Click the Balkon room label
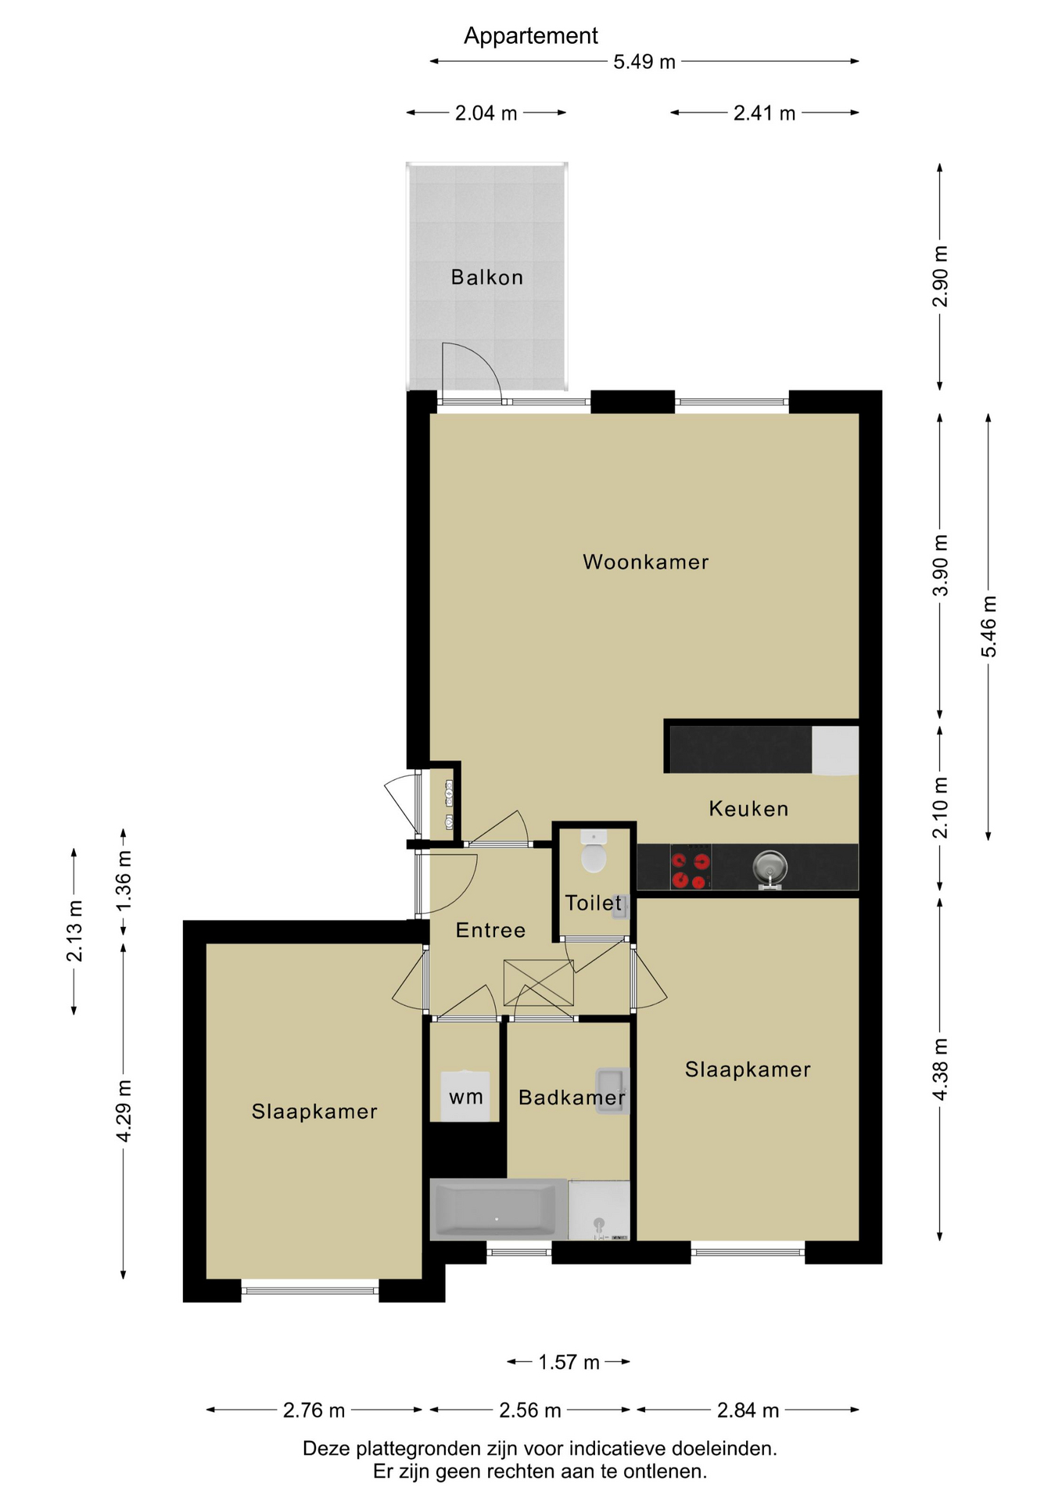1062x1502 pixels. coord(486,277)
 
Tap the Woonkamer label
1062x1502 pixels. coord(646,562)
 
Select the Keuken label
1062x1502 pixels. coord(748,808)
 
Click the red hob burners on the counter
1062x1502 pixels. coord(691,868)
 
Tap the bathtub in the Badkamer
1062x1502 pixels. coord(498,1209)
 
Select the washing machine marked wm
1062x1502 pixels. coord(465,1096)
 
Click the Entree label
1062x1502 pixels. coord(490,930)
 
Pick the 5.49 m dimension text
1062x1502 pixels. coord(644,62)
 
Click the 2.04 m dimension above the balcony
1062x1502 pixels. coord(486,113)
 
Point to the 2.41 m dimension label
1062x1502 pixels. coord(764,113)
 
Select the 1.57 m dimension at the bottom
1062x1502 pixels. coord(569,1362)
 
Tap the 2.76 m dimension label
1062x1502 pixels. coord(314,1410)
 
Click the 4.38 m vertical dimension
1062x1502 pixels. coord(940,1069)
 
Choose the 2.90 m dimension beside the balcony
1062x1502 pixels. coord(940,276)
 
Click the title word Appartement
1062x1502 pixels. coord(530,36)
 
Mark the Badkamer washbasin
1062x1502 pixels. coord(612,1091)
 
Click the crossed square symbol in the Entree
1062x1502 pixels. coord(539,983)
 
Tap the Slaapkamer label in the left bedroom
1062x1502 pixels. coord(314,1112)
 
